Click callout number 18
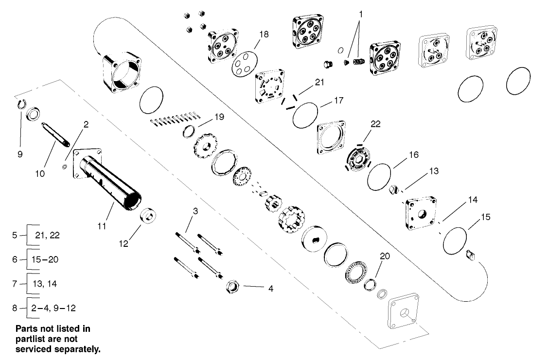tap(264, 34)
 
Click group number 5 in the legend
tap(15, 235)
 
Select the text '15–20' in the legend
tap(47, 259)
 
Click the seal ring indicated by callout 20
tap(371, 284)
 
